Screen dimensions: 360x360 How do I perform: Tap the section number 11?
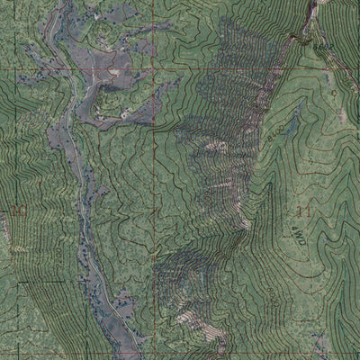pos(302,211)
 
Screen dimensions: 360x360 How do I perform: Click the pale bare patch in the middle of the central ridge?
pos(216,145)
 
